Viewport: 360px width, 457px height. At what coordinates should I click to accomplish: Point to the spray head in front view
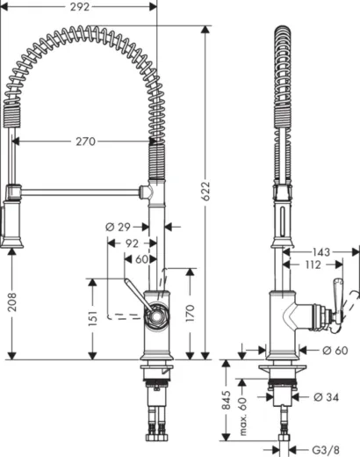(12, 220)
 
